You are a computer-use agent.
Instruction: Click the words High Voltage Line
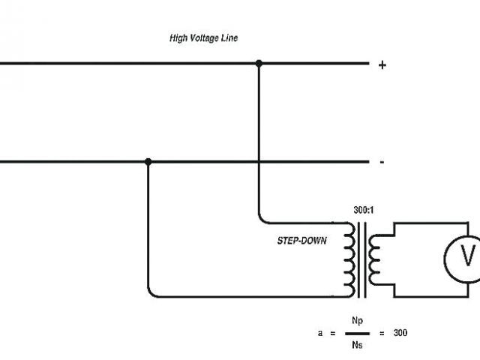(x=204, y=38)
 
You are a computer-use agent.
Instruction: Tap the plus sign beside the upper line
(x=382, y=65)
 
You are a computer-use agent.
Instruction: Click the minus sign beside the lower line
(x=382, y=162)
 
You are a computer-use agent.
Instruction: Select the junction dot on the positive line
(x=259, y=64)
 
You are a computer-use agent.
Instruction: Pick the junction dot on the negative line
(x=148, y=161)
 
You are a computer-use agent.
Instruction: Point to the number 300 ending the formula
(x=400, y=332)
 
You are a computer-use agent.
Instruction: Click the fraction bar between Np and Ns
(x=356, y=332)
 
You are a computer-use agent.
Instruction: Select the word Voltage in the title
(x=204, y=38)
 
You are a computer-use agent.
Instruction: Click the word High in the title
(x=178, y=38)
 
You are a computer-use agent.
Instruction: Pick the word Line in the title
(x=229, y=38)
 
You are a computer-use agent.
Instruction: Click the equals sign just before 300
(x=382, y=332)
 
